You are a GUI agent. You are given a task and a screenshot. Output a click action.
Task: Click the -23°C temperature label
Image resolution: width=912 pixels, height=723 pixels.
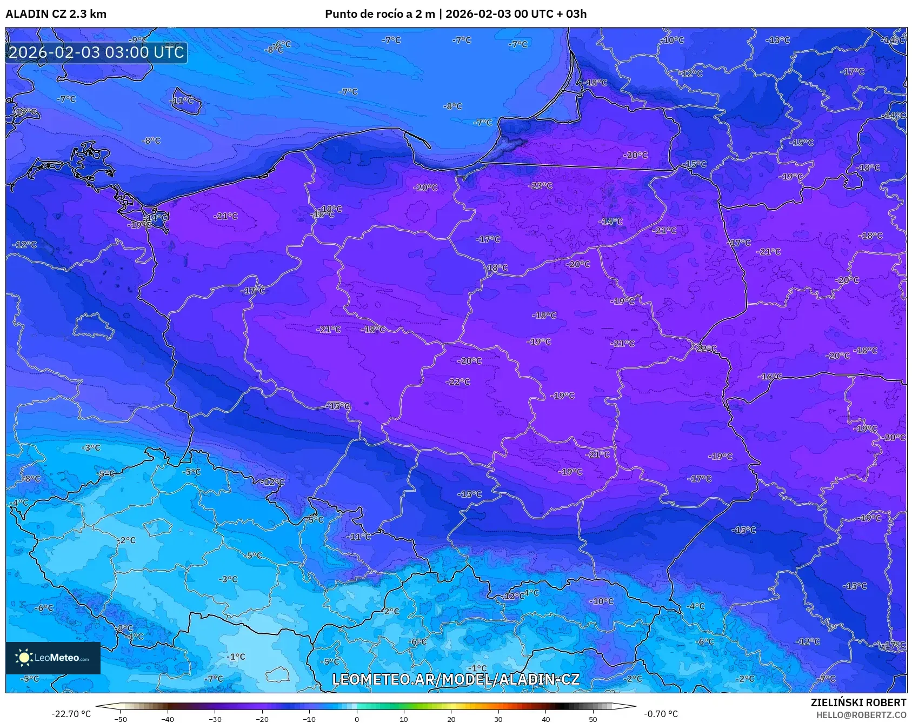(x=541, y=186)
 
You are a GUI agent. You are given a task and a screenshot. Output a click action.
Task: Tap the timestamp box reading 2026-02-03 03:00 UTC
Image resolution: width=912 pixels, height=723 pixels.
(x=96, y=52)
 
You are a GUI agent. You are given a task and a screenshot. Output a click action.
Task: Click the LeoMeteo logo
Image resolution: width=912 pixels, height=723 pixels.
(x=53, y=658)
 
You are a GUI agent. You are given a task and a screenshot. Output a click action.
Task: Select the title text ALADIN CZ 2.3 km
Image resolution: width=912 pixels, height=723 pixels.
(x=56, y=14)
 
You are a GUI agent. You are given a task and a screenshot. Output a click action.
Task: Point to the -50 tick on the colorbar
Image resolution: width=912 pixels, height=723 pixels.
(x=121, y=719)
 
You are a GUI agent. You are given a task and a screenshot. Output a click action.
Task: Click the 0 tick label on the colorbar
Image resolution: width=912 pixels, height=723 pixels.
(x=356, y=719)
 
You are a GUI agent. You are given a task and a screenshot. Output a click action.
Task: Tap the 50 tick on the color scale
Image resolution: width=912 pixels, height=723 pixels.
(x=593, y=719)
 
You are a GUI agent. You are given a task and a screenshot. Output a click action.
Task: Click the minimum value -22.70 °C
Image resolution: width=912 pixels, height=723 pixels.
(x=71, y=714)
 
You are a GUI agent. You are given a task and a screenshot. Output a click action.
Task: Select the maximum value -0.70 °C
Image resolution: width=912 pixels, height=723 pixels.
(x=661, y=714)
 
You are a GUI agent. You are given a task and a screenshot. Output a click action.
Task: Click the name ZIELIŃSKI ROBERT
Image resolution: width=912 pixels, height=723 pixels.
(x=858, y=702)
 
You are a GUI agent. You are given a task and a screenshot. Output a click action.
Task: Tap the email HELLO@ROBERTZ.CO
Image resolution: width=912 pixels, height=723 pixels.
(x=861, y=715)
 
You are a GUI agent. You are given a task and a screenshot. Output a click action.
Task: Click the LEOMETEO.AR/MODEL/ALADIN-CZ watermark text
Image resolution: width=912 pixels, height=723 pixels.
(x=455, y=679)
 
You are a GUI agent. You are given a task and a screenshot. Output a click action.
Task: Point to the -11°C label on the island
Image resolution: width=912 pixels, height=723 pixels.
(x=181, y=101)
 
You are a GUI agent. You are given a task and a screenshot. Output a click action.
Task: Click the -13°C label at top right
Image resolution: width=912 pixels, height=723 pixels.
(x=777, y=41)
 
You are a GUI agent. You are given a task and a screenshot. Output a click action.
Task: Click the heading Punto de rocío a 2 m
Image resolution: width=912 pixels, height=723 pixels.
(x=380, y=14)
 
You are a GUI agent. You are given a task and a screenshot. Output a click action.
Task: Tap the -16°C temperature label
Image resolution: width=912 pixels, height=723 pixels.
(x=770, y=377)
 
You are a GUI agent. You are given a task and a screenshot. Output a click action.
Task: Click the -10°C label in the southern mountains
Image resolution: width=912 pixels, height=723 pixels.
(x=601, y=601)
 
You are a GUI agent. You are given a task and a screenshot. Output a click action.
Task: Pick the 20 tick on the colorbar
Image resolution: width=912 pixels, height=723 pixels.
(x=451, y=719)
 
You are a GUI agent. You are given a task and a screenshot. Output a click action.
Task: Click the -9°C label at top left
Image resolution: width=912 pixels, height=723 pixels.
(x=137, y=40)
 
